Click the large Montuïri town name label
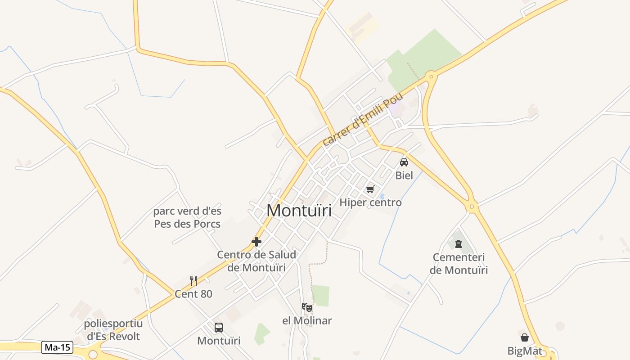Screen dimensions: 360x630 pos(299,211)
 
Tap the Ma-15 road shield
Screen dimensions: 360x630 pos(57,347)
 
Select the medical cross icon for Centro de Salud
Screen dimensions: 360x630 pos(256,242)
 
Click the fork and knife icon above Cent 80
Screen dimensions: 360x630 pos(193,281)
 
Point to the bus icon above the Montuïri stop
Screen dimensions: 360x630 pos(219,328)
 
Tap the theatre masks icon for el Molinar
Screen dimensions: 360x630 pos(307,308)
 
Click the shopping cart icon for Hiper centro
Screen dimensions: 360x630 pos(370,189)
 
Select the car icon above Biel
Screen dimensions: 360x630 pos(404,162)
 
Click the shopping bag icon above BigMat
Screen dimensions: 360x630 pos(525,337)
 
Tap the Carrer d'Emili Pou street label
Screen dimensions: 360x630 pos(362,120)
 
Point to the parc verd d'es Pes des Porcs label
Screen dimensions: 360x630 pos(187,217)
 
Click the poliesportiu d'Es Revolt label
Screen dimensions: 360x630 pos(113,330)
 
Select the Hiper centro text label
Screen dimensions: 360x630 pos(370,202)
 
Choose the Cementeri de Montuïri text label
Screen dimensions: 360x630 pos(459,264)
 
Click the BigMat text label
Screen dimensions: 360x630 pos(525,351)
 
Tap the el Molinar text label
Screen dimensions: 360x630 pos(307,321)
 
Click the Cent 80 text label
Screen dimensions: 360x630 pos(193,294)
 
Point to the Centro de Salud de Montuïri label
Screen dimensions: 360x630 pos(256,261)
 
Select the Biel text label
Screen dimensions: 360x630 pos(404,175)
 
